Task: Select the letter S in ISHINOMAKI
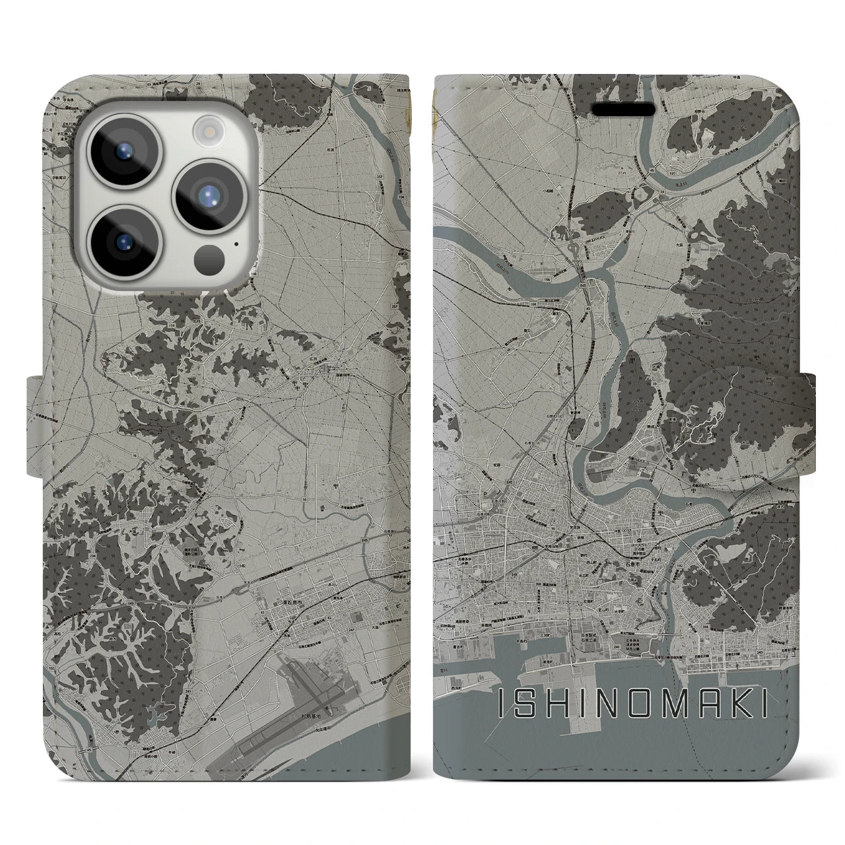click(522, 705)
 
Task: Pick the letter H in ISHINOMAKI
click(553, 705)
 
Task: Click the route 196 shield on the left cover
click(401, 205)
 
